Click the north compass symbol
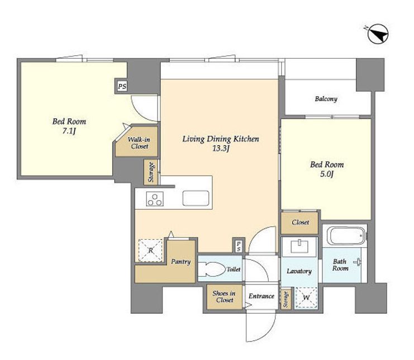click(x=378, y=34)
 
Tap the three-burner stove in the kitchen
click(x=155, y=199)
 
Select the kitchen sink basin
click(x=196, y=198)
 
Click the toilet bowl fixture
click(x=211, y=269)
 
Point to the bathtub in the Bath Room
click(x=346, y=236)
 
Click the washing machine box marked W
click(x=306, y=297)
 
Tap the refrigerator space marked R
click(x=150, y=250)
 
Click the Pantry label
click(x=180, y=262)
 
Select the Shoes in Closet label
click(x=224, y=297)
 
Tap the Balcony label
click(x=326, y=99)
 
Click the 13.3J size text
click(x=221, y=149)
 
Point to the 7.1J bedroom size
click(x=69, y=131)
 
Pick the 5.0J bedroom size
click(x=327, y=174)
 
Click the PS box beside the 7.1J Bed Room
click(x=122, y=86)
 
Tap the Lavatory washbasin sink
click(x=299, y=247)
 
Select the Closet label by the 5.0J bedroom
click(x=301, y=222)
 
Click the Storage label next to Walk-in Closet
click(x=151, y=172)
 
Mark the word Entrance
click(x=261, y=296)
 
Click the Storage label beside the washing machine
click(x=285, y=299)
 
